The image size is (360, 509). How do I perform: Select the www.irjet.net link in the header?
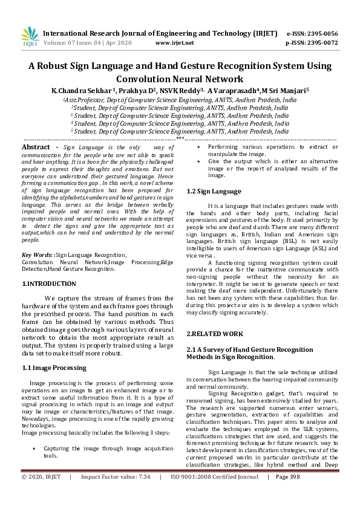point(175,43)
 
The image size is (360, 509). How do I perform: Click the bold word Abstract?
point(36,147)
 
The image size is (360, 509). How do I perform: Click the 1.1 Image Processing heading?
point(54,368)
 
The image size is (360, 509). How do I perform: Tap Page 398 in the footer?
point(288,494)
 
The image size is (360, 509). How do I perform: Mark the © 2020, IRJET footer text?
point(41,494)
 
